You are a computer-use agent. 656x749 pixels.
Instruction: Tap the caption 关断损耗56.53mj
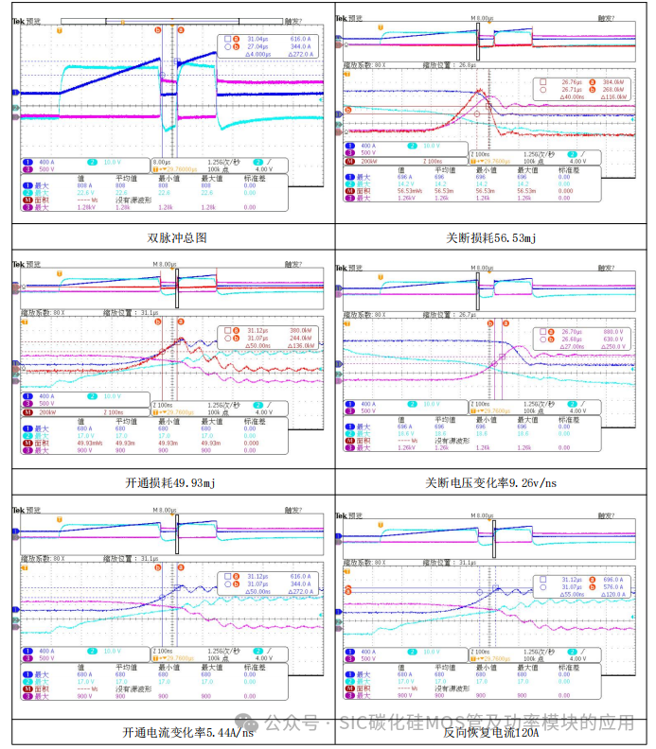(493, 237)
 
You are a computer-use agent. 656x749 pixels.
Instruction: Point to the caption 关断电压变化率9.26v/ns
(493, 482)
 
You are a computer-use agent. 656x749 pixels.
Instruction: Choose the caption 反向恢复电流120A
(493, 731)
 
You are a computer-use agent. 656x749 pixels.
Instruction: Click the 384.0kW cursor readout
(614, 81)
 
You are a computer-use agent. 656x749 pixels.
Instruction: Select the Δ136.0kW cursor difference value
(293, 345)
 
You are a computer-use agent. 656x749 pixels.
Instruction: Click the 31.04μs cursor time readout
(258, 39)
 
